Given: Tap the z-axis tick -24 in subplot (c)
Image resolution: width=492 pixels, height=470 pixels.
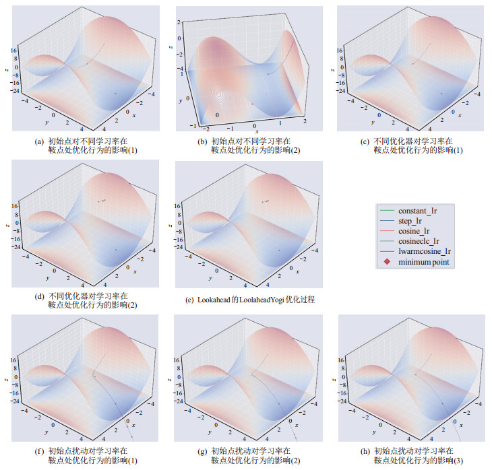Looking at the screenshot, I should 341,91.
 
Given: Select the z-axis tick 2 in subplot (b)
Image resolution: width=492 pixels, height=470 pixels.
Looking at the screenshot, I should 180,22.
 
